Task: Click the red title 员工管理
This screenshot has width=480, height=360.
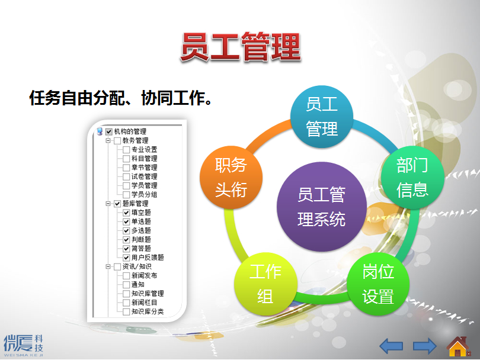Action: coord(241,47)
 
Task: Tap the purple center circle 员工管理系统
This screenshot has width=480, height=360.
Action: coord(321,207)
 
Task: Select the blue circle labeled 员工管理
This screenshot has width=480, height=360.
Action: coord(321,117)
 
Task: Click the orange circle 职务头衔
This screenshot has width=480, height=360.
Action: coord(231,177)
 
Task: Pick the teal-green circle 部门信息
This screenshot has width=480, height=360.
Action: coord(412,177)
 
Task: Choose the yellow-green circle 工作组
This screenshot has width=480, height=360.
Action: coord(265,284)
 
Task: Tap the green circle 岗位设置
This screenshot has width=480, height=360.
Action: coord(377,284)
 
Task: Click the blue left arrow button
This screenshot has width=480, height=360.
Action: coord(391,346)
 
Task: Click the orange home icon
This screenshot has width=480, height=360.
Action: coord(458,346)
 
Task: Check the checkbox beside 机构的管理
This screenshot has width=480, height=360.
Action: coord(108,131)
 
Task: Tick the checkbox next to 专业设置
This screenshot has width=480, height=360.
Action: coord(126,150)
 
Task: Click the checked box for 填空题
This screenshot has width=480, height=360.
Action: coord(126,213)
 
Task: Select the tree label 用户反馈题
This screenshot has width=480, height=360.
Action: coord(148,258)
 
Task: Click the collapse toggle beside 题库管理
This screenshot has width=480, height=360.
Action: coord(108,204)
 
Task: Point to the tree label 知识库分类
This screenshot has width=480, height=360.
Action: coord(148,311)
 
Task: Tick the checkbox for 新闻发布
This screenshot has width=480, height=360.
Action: coord(126,275)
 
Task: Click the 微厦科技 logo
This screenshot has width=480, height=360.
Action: coord(23,345)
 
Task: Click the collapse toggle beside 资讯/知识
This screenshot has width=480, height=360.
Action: coord(108,266)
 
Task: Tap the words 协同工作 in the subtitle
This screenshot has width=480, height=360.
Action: coord(172,98)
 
